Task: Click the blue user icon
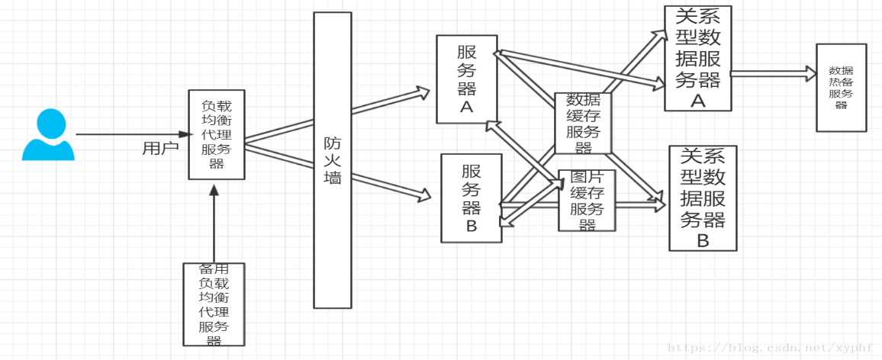(48, 134)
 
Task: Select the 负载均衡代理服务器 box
(217, 134)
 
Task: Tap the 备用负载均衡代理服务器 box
(214, 304)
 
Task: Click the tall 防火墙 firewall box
(333, 160)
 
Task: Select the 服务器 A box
(467, 79)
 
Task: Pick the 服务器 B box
(472, 198)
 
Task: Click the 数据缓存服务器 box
(583, 124)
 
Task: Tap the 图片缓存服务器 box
(587, 201)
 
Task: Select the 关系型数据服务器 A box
(697, 58)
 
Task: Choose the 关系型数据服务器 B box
(703, 198)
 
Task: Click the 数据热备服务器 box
(842, 88)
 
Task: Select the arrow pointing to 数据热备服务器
(774, 72)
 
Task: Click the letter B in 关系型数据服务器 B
(703, 240)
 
